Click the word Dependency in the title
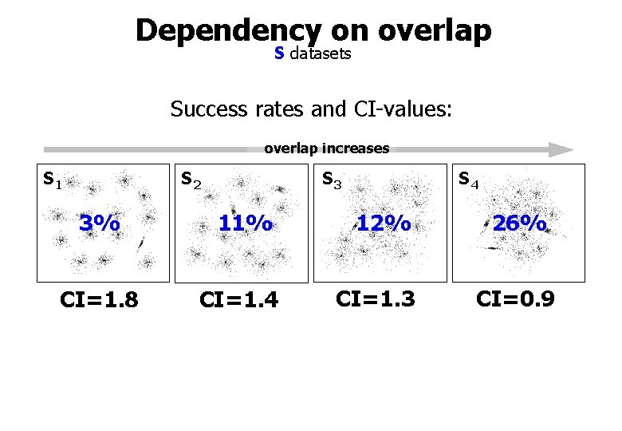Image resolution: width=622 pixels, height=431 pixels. [228, 30]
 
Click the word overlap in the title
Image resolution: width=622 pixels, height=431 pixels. [435, 30]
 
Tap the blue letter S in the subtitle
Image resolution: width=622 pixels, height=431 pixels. [279, 53]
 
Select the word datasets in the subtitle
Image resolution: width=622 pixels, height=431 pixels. [321, 53]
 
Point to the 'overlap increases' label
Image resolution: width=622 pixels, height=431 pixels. [326, 148]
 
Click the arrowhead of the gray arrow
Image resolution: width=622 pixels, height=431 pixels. [561, 149]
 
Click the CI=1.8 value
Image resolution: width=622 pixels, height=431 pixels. [100, 300]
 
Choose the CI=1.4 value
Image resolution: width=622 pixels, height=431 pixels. [238, 300]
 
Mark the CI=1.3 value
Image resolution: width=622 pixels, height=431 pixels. [375, 299]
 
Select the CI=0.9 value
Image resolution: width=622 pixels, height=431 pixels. [515, 299]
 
